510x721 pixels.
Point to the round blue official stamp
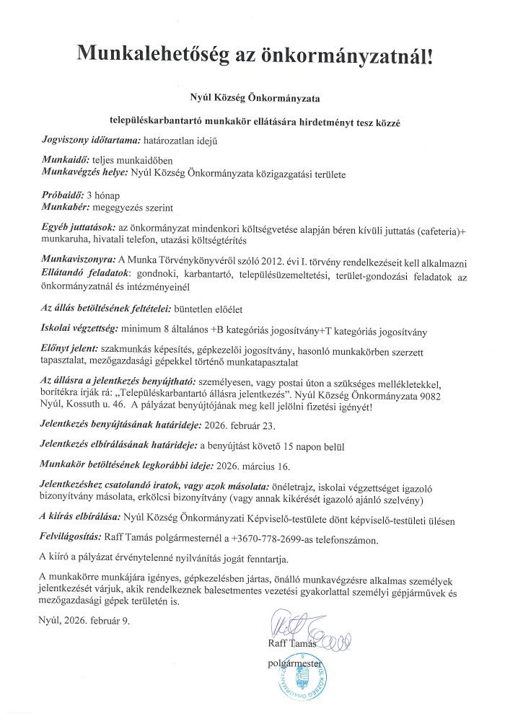pyautogui.click(x=304, y=681)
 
